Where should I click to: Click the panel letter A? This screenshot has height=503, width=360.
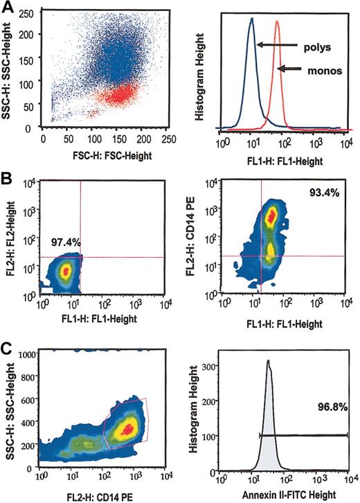click(8, 8)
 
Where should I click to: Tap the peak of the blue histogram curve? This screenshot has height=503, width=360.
click(252, 19)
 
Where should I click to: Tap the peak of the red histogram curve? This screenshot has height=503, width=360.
click(278, 21)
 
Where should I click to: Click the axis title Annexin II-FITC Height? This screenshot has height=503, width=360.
click(283, 495)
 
